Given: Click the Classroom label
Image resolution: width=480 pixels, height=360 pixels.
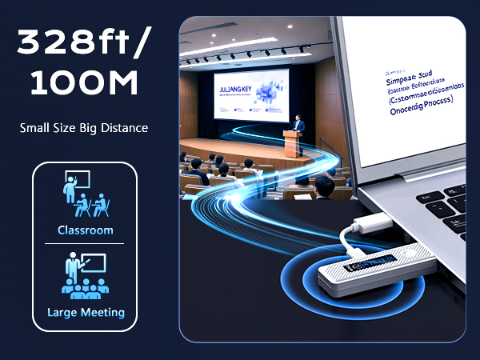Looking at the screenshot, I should pos(84,230).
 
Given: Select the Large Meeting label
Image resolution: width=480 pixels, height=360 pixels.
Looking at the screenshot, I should pos(85,312).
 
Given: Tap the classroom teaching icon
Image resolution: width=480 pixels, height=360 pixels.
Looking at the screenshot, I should pos(86,194).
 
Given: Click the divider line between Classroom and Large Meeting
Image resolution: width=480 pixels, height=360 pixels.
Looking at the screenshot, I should pos(84,243).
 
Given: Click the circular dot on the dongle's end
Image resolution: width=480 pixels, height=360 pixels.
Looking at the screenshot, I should pos(413,250).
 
